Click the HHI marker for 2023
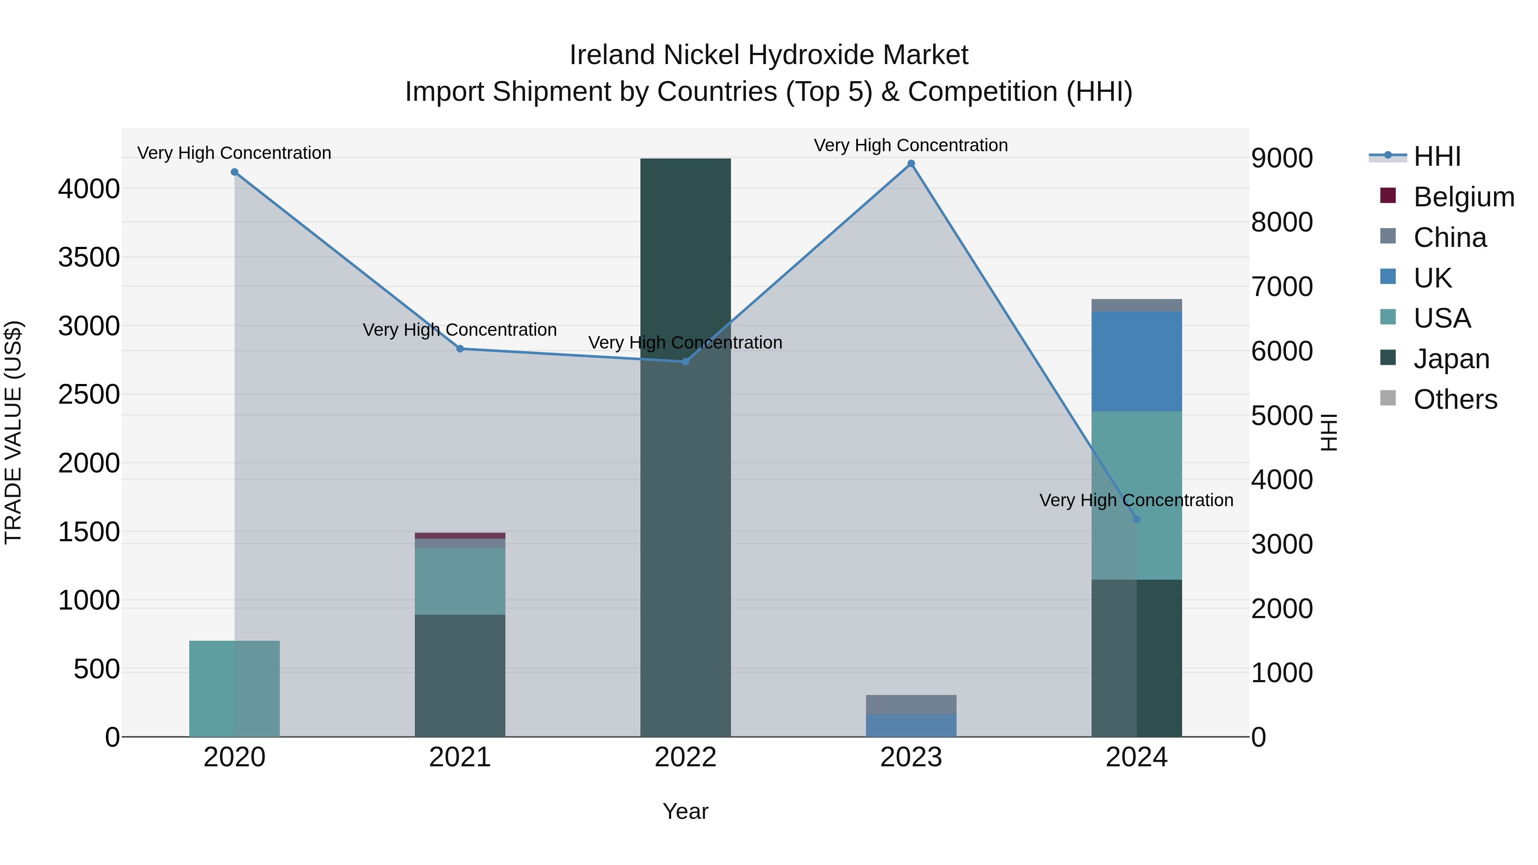(x=911, y=164)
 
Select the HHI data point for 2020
(x=235, y=172)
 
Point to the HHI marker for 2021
(x=460, y=349)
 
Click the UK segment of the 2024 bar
(x=1136, y=361)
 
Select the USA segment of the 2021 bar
(x=460, y=581)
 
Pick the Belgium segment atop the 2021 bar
(x=460, y=536)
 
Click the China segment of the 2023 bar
(x=911, y=704)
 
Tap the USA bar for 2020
(x=235, y=688)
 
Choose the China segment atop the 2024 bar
(x=1136, y=305)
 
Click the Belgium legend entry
(x=1463, y=197)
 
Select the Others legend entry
(x=1455, y=399)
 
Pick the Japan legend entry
(x=1451, y=359)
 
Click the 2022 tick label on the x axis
(x=685, y=757)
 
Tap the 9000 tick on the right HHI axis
(x=1282, y=158)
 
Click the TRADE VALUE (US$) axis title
(x=13, y=432)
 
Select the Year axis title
(x=685, y=811)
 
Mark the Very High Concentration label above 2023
(x=911, y=145)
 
